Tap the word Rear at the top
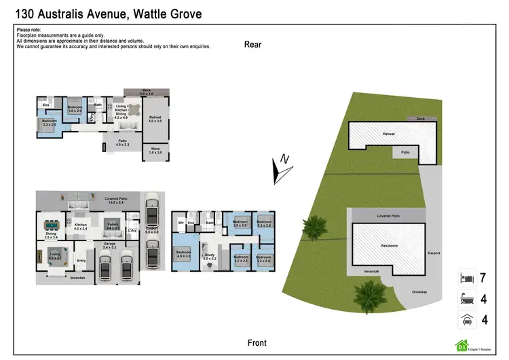tap(253, 45)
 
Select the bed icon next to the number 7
tap(466, 278)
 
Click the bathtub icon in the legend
tap(466, 298)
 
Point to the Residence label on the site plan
tap(390, 246)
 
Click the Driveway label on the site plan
tap(420, 292)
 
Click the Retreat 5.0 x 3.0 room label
tap(155, 119)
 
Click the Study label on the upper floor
tap(210, 256)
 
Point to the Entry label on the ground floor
tap(81, 261)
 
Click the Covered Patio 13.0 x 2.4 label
tap(113, 200)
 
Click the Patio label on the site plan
tap(406, 153)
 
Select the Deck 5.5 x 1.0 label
tap(145, 91)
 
